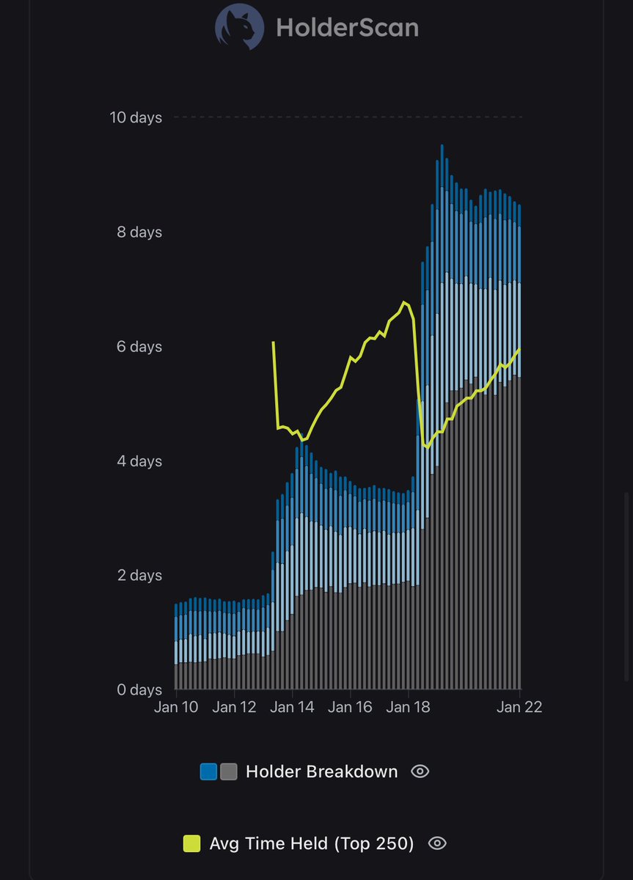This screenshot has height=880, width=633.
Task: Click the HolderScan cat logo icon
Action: [239, 27]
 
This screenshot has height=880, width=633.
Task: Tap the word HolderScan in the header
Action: [347, 28]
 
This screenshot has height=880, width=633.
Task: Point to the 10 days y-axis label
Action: [136, 117]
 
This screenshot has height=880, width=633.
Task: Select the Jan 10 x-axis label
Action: [176, 707]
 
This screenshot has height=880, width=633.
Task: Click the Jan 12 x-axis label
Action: [234, 707]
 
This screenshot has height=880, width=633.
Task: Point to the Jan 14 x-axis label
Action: [292, 707]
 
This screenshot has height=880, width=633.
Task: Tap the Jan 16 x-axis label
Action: [350, 707]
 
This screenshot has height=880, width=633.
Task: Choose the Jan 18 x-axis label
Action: [409, 707]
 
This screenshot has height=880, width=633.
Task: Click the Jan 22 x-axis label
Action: [519, 707]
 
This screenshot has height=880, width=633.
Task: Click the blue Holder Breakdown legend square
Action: [209, 771]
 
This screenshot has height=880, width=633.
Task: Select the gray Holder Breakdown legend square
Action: [228, 771]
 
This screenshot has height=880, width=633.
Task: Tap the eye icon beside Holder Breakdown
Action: [420, 771]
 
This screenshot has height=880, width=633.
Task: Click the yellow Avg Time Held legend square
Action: [191, 844]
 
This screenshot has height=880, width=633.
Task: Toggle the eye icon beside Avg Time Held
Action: [436, 844]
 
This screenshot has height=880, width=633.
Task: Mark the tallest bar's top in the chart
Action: [442, 146]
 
